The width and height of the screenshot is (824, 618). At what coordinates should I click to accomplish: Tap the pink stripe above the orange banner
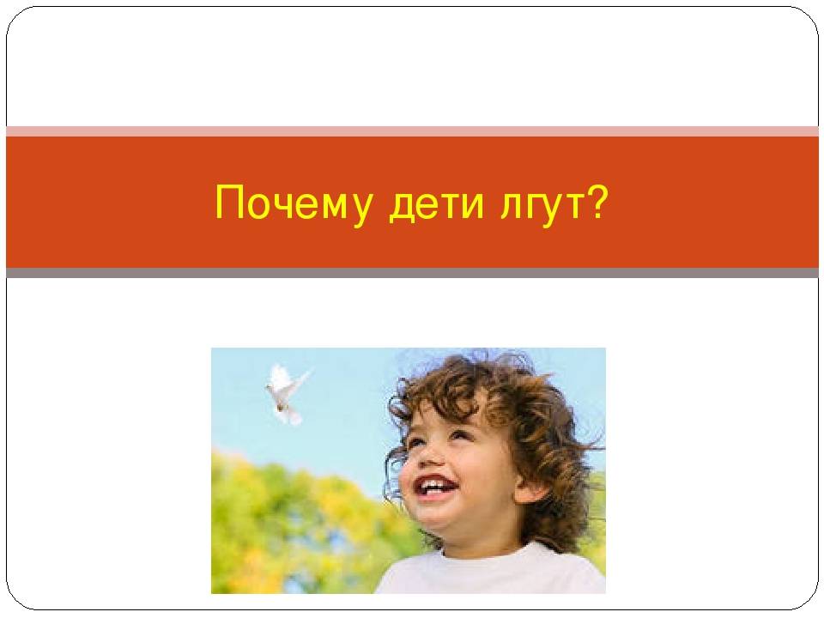[x=412, y=130]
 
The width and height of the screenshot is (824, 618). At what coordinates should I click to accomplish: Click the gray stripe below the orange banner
[x=412, y=272]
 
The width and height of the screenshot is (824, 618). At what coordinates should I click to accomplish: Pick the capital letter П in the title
[x=229, y=202]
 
